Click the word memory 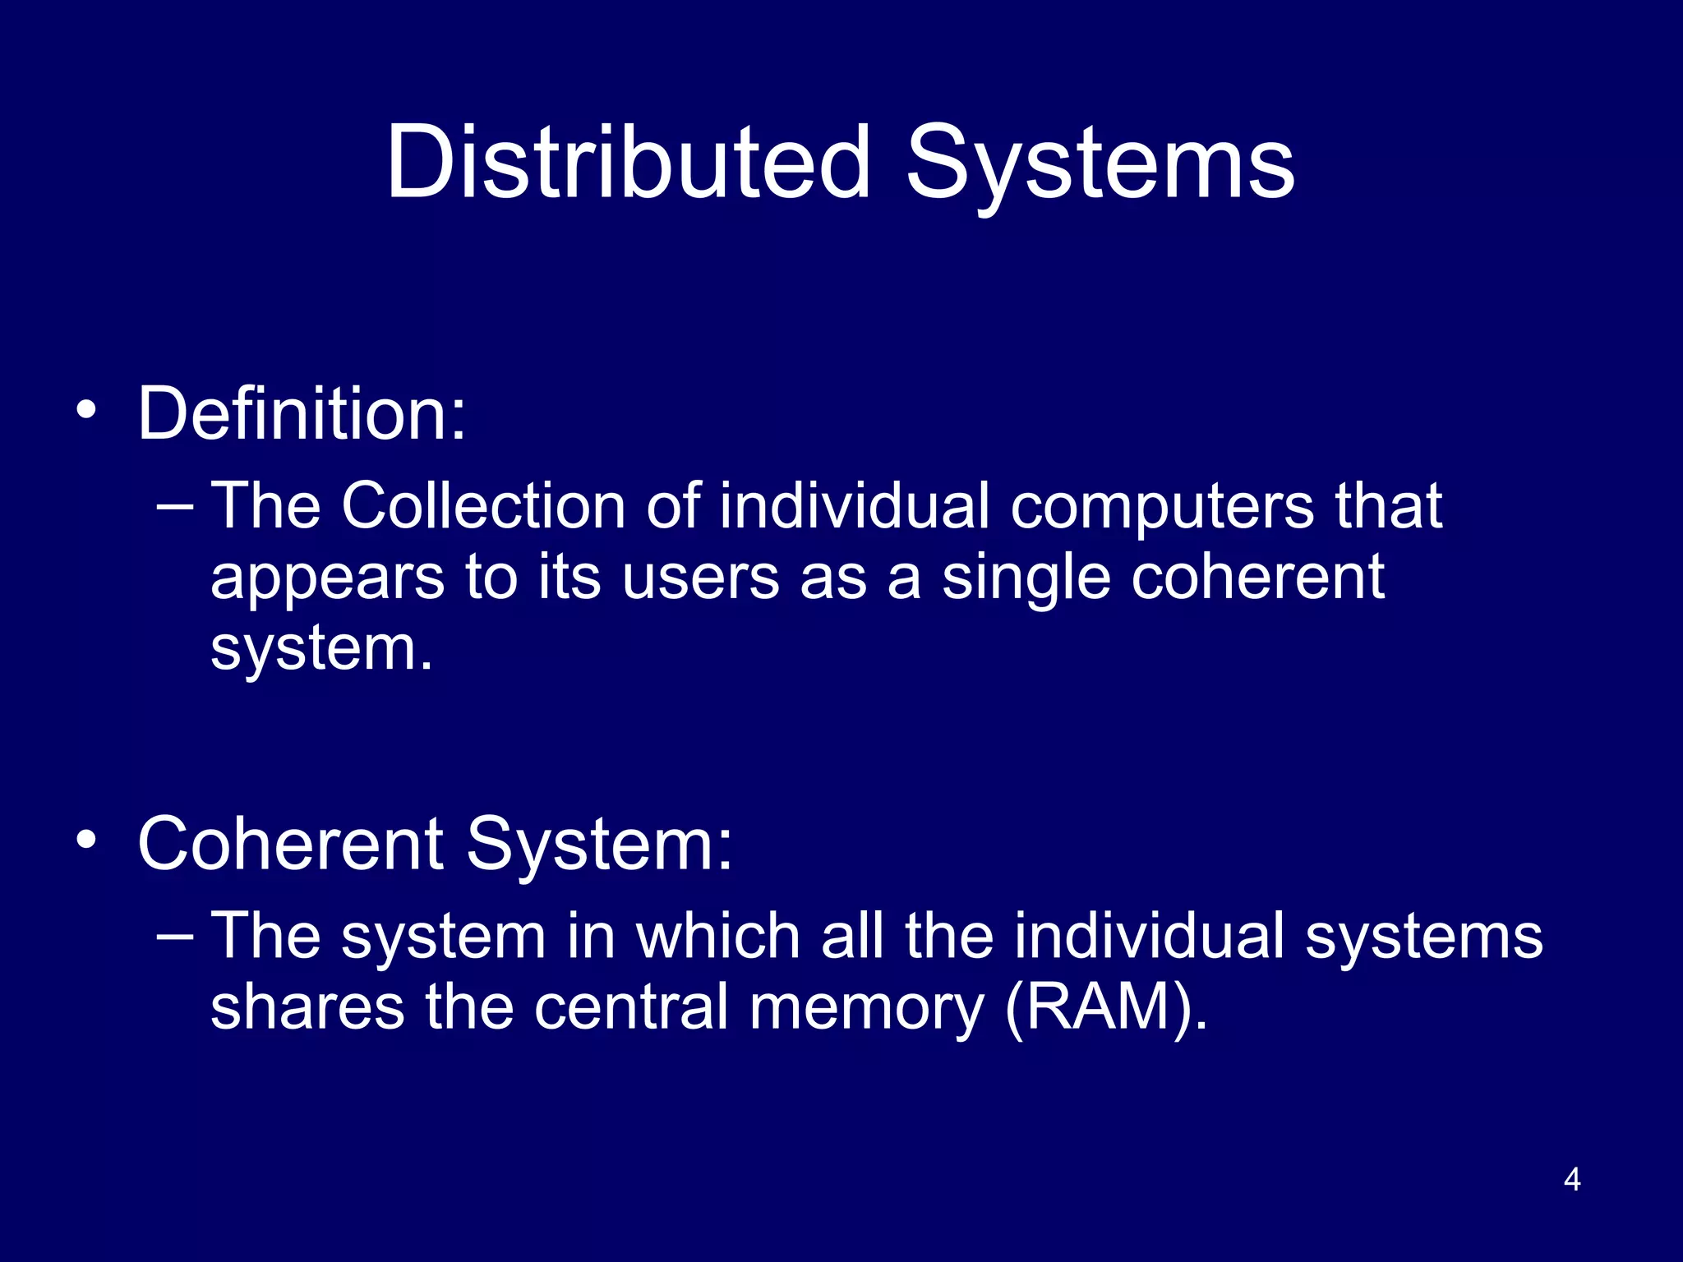[866, 1009]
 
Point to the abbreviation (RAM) [1106, 1008]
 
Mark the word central [631, 1007]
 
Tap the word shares [307, 1007]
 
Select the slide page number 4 [1572, 1180]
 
